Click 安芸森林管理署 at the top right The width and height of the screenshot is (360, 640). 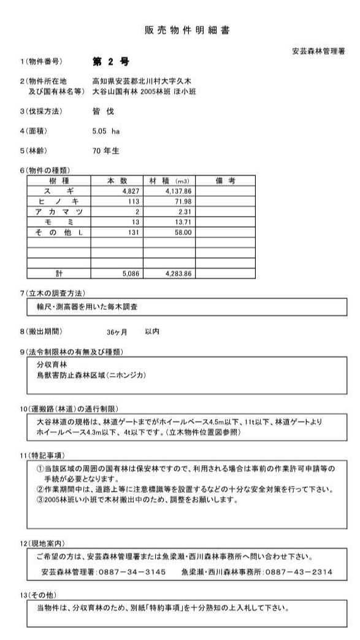[x=318, y=52]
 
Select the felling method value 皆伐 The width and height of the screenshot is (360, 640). [x=99, y=112]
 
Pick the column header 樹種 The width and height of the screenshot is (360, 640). [x=58, y=181]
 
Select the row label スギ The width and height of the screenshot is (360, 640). [x=58, y=191]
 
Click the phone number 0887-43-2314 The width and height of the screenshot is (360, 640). [x=300, y=573]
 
